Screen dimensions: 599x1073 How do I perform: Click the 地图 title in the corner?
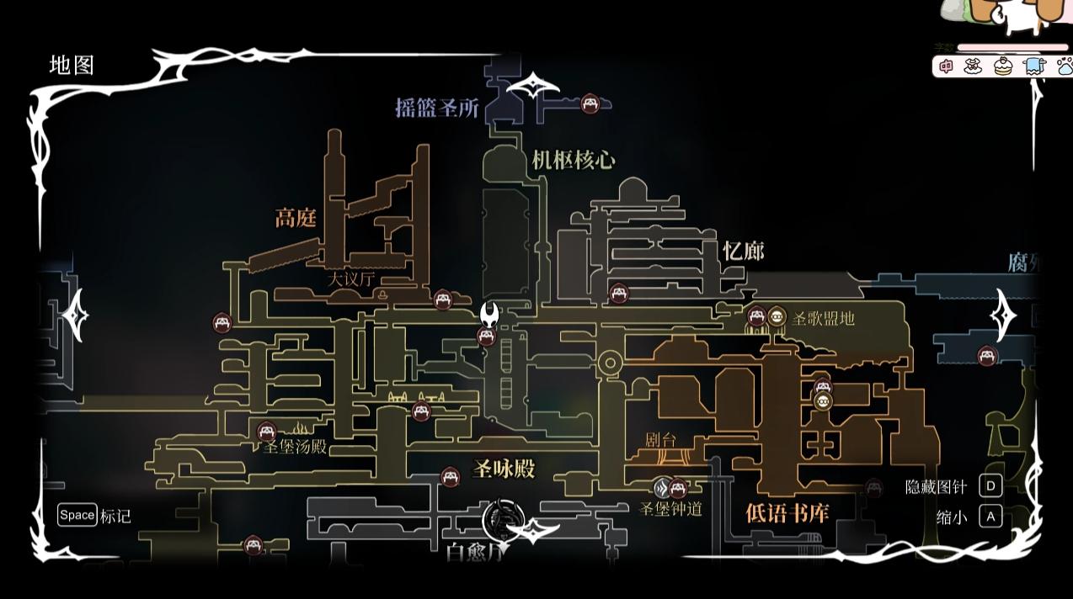[x=72, y=66]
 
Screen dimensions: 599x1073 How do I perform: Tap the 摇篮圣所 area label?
[x=437, y=108]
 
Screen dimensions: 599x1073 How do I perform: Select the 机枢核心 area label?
[x=574, y=161]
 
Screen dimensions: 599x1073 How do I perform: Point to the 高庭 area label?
[x=296, y=219]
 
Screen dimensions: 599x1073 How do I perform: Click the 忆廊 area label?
[x=743, y=251]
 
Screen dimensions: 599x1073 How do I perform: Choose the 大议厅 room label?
[x=351, y=279]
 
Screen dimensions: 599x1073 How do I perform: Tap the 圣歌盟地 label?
[x=823, y=318]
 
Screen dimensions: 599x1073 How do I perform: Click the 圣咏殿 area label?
[x=504, y=469]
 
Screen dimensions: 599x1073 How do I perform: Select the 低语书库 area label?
[x=787, y=512]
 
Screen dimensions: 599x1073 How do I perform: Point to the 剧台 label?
[x=661, y=440]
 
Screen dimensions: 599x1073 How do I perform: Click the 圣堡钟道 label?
[x=670, y=508]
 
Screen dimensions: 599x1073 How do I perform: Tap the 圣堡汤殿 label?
[x=294, y=447]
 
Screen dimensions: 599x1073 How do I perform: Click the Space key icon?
[x=77, y=515]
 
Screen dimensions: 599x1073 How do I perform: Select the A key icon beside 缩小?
[x=990, y=517]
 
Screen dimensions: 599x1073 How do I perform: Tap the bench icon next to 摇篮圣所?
[x=590, y=103]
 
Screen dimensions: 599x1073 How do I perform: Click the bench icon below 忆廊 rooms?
[x=619, y=294]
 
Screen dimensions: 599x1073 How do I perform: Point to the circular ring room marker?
[x=610, y=364]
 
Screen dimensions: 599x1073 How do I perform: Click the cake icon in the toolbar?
[x=1003, y=66]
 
